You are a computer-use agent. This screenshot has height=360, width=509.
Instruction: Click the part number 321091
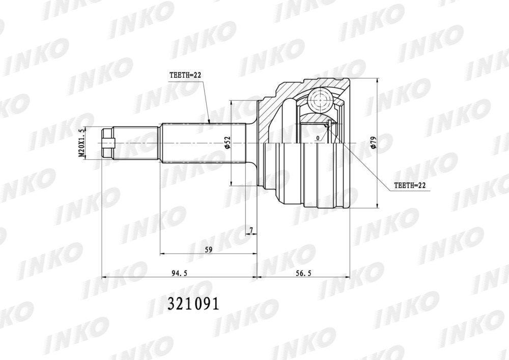(x=193, y=304)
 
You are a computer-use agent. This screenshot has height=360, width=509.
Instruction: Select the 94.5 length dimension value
(x=180, y=273)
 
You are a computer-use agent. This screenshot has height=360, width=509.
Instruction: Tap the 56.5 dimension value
(x=303, y=273)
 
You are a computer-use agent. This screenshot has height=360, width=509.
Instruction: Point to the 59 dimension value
(x=208, y=250)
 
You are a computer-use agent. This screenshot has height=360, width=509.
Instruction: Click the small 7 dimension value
(x=251, y=230)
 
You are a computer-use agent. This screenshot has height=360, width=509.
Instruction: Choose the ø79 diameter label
(x=373, y=143)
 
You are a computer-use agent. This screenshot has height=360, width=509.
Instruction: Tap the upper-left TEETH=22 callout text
(x=185, y=75)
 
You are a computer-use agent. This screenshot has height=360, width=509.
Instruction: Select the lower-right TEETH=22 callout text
(x=409, y=185)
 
